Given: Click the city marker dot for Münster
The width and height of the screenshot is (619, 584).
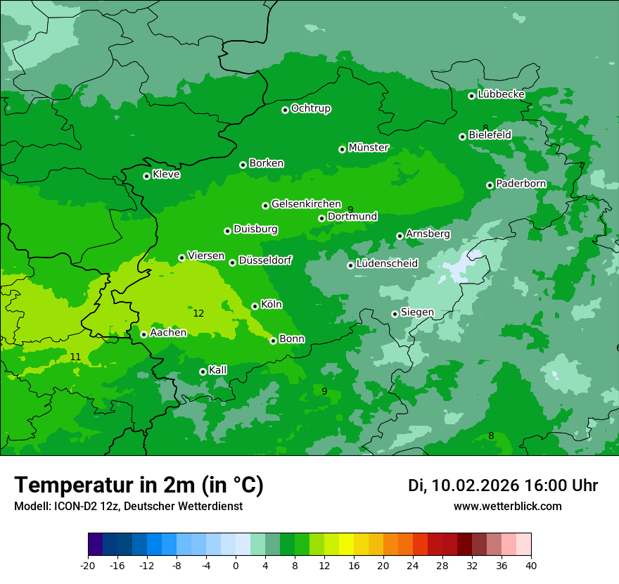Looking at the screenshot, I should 342,149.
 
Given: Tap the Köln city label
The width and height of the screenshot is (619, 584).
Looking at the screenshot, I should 271,305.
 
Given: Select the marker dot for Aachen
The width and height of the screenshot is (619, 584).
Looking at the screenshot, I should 143,334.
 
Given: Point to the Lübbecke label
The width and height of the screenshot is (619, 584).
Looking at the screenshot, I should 501,94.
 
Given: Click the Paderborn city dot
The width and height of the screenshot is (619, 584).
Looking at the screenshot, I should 490,185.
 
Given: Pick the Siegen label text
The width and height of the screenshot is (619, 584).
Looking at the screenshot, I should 417,312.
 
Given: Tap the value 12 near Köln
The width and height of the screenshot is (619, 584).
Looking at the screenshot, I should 198,313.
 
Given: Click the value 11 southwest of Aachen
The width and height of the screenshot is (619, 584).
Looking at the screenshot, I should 75,357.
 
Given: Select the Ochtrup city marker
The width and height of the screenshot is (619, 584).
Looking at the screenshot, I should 285,110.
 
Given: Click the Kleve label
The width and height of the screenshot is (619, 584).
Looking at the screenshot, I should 166,174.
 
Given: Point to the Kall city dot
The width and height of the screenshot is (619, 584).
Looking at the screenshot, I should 203,372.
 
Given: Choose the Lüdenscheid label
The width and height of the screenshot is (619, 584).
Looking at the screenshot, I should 387,264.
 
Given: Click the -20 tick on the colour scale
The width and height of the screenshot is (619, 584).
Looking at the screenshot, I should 88,565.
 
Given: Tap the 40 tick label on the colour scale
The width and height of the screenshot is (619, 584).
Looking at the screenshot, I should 531,565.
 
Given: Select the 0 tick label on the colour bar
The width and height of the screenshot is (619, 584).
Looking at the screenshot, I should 236,565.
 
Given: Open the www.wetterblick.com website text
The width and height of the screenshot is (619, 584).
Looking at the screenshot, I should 507,506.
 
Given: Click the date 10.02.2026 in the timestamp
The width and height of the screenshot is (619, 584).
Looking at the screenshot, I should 475,485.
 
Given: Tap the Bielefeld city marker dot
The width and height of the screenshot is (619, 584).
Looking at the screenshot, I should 462,137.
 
